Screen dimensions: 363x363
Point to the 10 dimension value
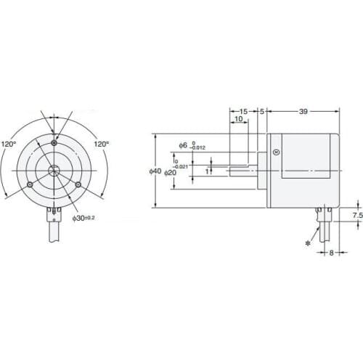tap(238, 118)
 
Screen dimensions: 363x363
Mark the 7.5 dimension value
tap(356, 216)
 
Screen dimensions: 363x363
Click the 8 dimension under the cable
tap(330, 253)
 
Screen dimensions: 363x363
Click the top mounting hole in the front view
tap(54, 143)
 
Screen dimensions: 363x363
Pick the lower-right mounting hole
tap(78, 185)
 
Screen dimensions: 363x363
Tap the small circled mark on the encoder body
tap(275, 152)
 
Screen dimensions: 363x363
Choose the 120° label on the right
tap(100, 144)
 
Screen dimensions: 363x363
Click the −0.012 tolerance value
tap(198, 148)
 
